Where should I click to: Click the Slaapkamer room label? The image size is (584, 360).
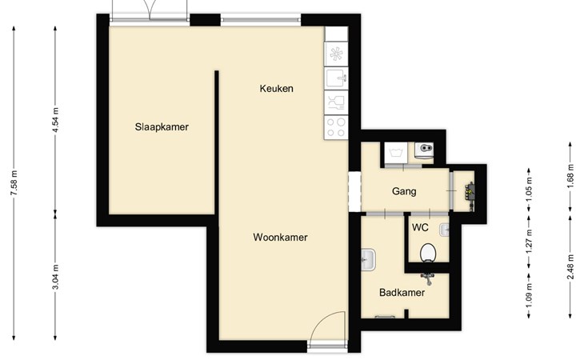click(x=162, y=127)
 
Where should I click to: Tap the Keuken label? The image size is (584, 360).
click(x=276, y=89)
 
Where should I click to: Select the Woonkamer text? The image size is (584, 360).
click(x=280, y=237)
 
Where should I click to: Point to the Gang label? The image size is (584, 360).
click(x=404, y=192)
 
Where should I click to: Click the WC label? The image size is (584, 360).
click(x=420, y=227)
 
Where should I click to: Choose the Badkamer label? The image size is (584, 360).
click(x=402, y=293)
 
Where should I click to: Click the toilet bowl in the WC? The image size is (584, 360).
click(x=428, y=253)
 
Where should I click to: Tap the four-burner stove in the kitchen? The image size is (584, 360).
click(x=336, y=127)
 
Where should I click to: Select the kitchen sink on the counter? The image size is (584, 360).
click(x=336, y=78)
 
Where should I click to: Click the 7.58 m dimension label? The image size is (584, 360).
click(x=14, y=182)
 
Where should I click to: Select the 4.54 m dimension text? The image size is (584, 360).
click(x=55, y=120)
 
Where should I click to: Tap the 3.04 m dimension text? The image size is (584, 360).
click(x=55, y=277)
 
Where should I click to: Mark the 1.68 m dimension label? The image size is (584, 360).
click(x=570, y=176)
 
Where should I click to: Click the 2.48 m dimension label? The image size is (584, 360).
click(x=570, y=266)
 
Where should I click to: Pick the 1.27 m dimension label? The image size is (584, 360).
click(x=529, y=242)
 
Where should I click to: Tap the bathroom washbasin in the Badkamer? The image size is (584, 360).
click(x=368, y=259)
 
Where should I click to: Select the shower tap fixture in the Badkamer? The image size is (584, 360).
click(x=427, y=278)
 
